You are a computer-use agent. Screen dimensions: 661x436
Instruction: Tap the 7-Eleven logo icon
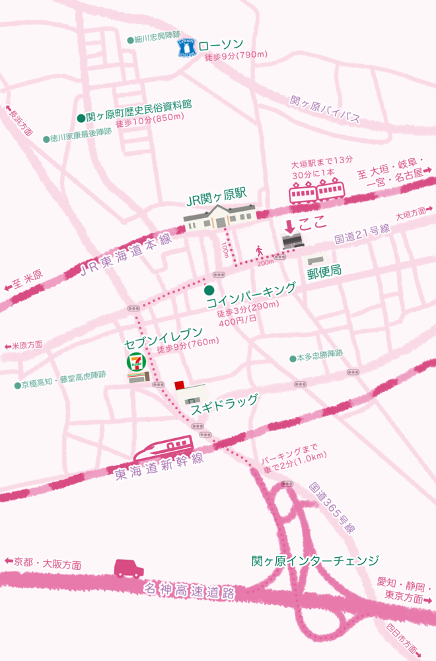(x=135, y=364)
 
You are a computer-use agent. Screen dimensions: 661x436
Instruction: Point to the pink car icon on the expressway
(x=129, y=567)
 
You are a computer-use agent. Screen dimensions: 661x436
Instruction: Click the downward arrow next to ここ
(x=289, y=226)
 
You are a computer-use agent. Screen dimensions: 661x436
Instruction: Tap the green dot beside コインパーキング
(x=209, y=290)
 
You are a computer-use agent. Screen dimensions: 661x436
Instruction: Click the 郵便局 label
(x=324, y=270)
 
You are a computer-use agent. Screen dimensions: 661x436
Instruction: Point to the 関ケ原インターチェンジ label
(x=315, y=561)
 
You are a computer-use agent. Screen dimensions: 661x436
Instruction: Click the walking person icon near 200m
(x=259, y=251)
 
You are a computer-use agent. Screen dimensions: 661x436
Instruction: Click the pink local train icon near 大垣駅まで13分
(x=317, y=191)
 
